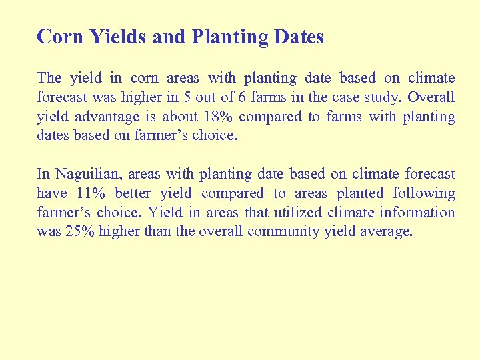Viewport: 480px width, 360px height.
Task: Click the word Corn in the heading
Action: (x=61, y=37)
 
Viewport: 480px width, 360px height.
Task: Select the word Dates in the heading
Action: (x=298, y=37)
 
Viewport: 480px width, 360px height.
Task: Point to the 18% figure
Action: (x=218, y=117)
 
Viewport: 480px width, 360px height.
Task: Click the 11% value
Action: (x=92, y=194)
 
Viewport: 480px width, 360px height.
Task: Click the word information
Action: (x=417, y=213)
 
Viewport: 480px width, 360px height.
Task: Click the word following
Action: (x=424, y=194)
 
